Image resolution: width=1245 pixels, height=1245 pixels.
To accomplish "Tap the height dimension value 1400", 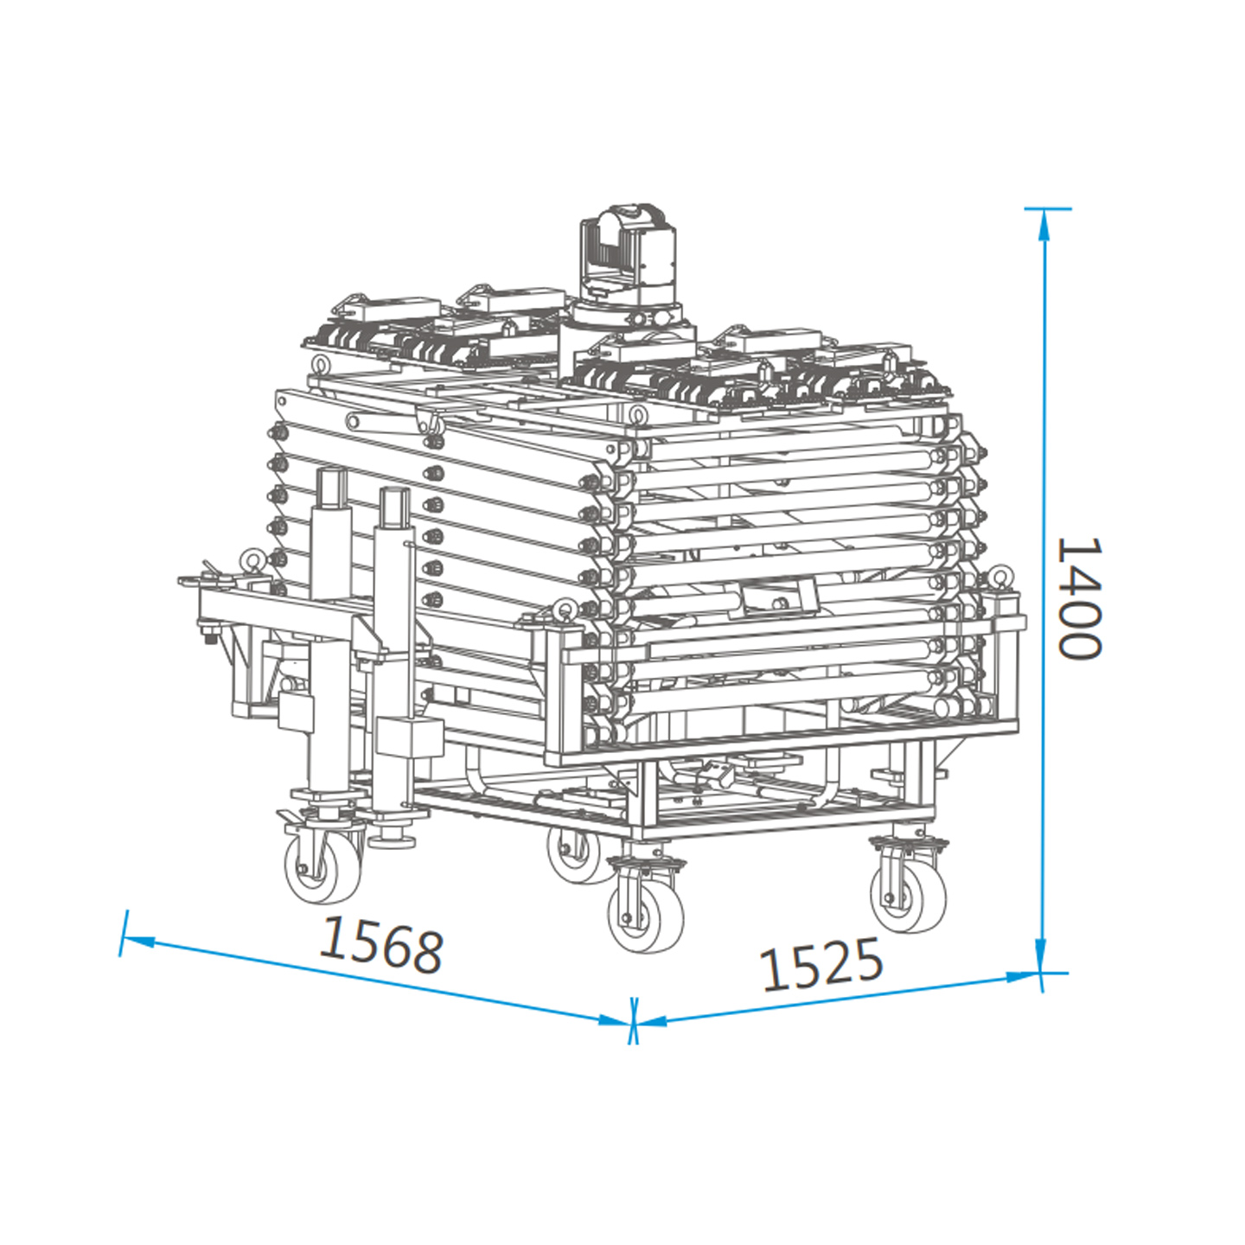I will pos(1080,598).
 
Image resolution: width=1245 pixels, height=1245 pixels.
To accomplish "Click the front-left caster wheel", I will pos(323,868).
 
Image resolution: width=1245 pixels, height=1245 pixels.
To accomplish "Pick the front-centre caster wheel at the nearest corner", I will pos(645,916).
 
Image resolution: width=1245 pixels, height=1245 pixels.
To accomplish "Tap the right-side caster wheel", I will pos(908,896).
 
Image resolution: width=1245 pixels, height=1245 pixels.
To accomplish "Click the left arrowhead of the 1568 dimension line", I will pos(138,939).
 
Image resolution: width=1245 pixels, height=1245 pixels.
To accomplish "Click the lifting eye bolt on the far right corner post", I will pos(1001,576).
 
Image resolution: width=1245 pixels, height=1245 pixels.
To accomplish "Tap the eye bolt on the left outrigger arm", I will pos(252,560).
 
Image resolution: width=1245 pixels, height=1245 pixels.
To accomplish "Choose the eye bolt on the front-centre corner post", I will pos(565,609).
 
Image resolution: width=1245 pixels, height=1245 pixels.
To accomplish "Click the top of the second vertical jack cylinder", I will pos(394,494).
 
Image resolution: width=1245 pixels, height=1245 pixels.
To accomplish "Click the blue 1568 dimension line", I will pos(372,977).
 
